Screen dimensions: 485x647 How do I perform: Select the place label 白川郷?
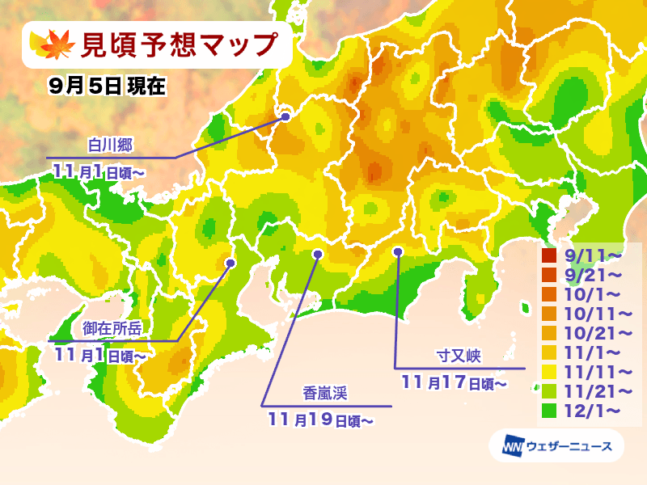tap(109, 145)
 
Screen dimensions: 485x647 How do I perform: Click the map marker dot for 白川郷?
tap(285, 117)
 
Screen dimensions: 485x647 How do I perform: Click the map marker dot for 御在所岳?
tap(230, 263)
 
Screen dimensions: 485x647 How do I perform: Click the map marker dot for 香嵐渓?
tap(317, 254)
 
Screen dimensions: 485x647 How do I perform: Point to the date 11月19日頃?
tap(320, 419)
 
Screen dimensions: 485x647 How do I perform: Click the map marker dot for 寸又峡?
tap(398, 252)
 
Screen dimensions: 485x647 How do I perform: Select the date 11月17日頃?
tap(454, 381)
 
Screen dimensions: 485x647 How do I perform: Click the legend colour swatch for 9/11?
tap(550, 256)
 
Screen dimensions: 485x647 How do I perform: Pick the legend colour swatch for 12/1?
tap(550, 411)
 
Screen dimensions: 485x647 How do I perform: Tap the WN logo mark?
tap(510, 445)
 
